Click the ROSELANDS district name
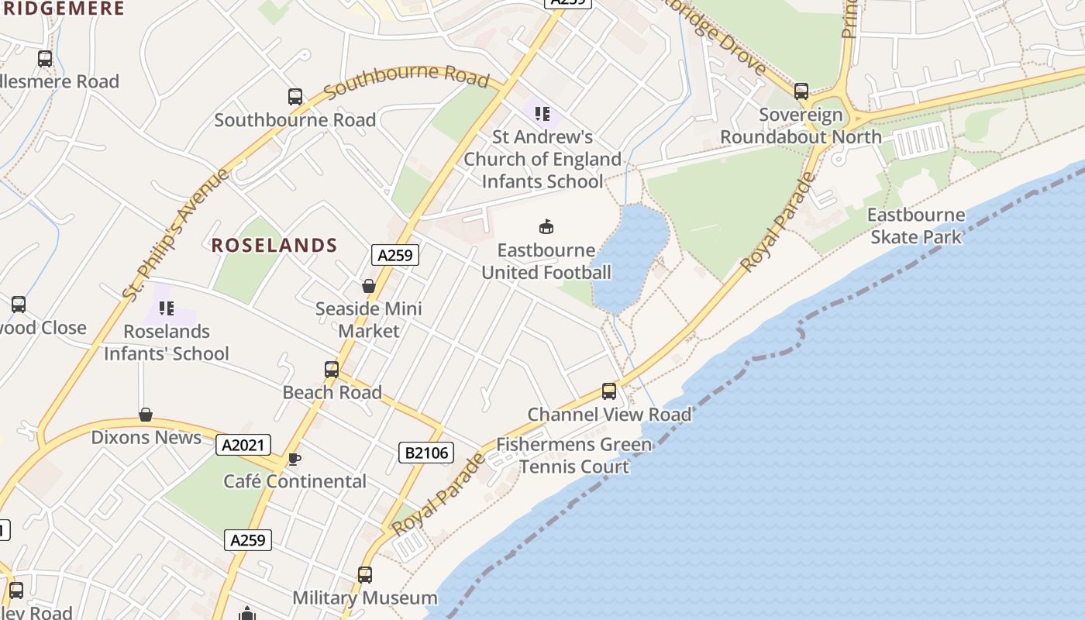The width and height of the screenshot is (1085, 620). pyautogui.click(x=274, y=246)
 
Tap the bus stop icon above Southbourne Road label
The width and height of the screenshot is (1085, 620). pyautogui.click(x=295, y=97)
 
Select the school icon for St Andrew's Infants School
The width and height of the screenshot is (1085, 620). pyautogui.click(x=542, y=114)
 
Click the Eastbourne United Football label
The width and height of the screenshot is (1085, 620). pyautogui.click(x=546, y=261)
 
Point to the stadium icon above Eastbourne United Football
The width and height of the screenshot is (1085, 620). pyautogui.click(x=546, y=226)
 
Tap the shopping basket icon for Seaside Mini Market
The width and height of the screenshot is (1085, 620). pyautogui.click(x=369, y=286)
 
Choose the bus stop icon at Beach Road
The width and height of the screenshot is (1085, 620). pyautogui.click(x=332, y=370)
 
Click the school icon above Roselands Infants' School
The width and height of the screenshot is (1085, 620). pyautogui.click(x=167, y=308)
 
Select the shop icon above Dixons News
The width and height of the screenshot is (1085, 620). pyautogui.click(x=145, y=415)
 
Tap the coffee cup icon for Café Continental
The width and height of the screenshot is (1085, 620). pyautogui.click(x=294, y=459)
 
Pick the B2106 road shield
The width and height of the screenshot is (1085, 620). pyautogui.click(x=426, y=453)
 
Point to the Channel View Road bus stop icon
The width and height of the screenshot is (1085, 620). pyautogui.click(x=609, y=391)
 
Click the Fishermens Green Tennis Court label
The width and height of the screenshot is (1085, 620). pyautogui.click(x=574, y=456)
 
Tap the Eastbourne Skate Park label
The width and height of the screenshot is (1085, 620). pyautogui.click(x=916, y=226)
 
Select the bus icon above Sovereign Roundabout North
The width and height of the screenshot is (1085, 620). pyautogui.click(x=801, y=91)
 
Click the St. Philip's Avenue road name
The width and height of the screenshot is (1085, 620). pyautogui.click(x=176, y=233)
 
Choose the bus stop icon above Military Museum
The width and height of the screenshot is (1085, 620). pyautogui.click(x=365, y=575)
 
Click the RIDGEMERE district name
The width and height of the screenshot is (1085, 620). pyautogui.click(x=62, y=9)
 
